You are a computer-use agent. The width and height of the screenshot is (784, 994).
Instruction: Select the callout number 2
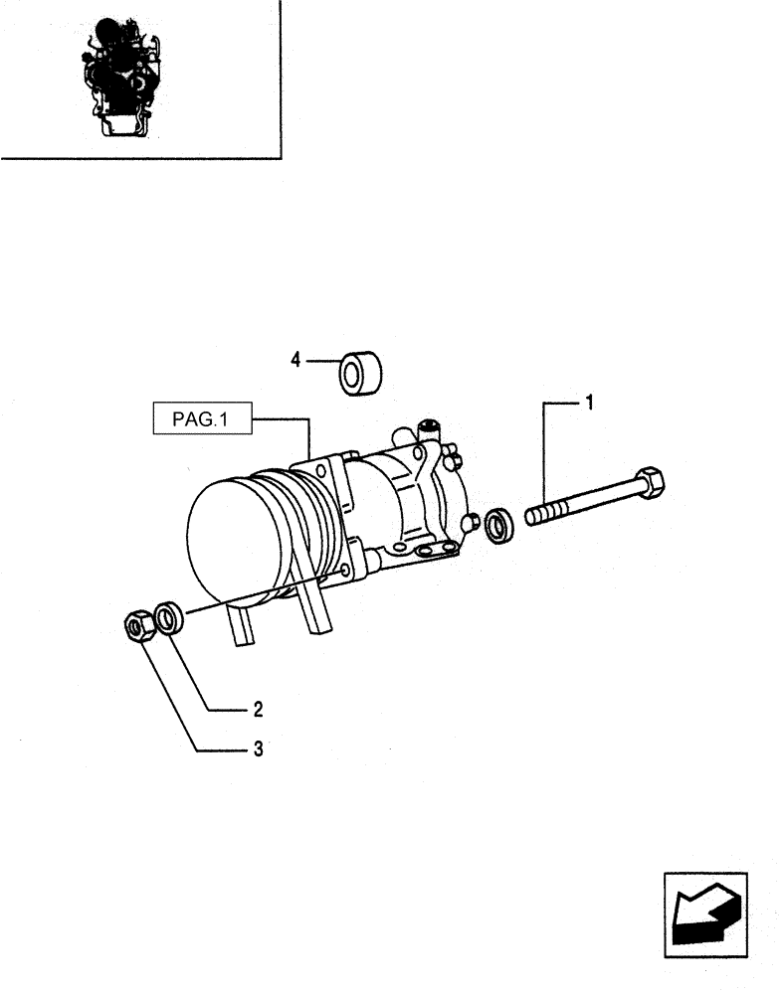(x=257, y=710)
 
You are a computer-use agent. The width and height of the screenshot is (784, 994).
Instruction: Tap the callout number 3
(x=257, y=749)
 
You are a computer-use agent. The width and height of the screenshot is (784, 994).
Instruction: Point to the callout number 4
(x=295, y=361)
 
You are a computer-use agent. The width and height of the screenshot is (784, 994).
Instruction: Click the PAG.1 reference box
(x=200, y=420)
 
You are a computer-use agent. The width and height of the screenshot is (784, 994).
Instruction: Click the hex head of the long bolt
(x=649, y=483)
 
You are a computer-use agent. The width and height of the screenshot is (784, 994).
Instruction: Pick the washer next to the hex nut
(x=169, y=617)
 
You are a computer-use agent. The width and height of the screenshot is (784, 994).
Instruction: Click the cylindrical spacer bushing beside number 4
(x=362, y=372)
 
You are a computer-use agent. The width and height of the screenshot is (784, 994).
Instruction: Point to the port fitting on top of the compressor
(x=430, y=428)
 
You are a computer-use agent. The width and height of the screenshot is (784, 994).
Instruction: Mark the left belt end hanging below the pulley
(x=242, y=626)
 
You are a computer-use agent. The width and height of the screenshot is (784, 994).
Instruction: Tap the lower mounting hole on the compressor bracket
(x=344, y=571)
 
